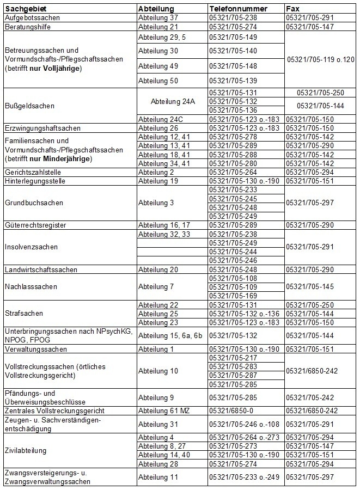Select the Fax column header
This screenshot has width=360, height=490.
(x=293, y=9)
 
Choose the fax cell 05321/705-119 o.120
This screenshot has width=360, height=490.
(x=320, y=59)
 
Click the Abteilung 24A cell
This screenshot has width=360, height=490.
(x=172, y=101)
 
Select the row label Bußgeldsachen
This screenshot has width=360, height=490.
(x=26, y=106)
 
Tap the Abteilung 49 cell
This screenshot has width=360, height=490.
(x=158, y=66)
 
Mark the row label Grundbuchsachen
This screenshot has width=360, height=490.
(x=34, y=203)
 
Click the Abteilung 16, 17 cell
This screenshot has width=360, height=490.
(x=164, y=224)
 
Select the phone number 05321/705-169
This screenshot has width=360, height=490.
(x=233, y=296)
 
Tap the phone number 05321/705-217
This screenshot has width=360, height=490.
(x=233, y=357)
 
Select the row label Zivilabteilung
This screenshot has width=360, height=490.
(x=25, y=450)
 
